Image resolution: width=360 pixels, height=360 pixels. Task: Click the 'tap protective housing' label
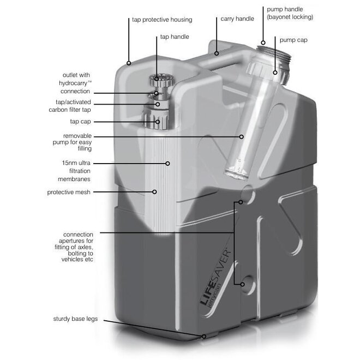(x=162, y=20)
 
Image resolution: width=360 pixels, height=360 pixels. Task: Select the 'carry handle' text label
(x=237, y=19)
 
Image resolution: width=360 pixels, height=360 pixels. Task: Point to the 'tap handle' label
(x=175, y=37)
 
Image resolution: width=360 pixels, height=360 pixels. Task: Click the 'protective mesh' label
(x=69, y=192)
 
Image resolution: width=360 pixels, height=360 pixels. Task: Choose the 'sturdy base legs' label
(x=75, y=319)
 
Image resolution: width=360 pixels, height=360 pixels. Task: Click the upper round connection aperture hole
(x=247, y=194)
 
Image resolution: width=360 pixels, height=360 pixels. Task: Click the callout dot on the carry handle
(x=217, y=53)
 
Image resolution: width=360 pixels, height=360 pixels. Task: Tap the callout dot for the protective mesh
(x=155, y=192)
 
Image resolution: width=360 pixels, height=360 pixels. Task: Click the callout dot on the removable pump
(x=242, y=136)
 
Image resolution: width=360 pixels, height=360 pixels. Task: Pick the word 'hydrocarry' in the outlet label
(x=76, y=83)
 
